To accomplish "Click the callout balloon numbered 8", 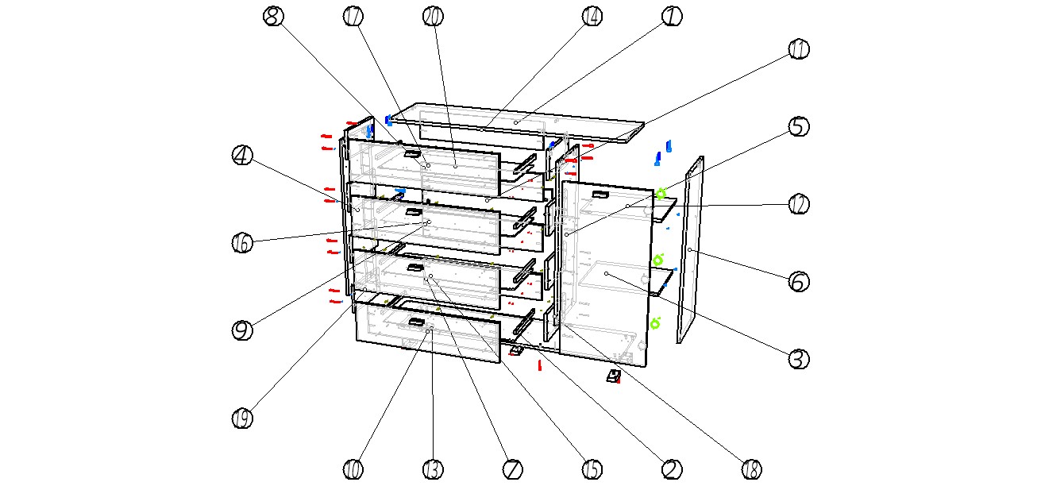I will [274, 17].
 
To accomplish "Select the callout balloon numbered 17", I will [354, 17].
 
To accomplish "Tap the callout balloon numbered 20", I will [433, 17].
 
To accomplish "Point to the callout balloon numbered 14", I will [592, 17].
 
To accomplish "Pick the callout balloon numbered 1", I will [672, 17].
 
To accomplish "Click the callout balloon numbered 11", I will [799, 50].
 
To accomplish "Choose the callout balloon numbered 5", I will [799, 127].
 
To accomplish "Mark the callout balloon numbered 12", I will [799, 204].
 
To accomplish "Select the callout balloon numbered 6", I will [799, 281].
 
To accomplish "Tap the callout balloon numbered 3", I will [799, 359].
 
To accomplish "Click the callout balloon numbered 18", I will [751, 469].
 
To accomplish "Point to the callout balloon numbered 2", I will [672, 469].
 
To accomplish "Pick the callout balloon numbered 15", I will [592, 469].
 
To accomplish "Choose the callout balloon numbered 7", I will [512, 469].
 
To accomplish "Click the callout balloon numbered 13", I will [433, 469].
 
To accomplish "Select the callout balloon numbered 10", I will [354, 469].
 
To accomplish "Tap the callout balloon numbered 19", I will [242, 418].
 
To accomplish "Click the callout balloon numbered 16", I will [242, 243].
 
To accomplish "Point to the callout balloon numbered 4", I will [242, 156].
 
